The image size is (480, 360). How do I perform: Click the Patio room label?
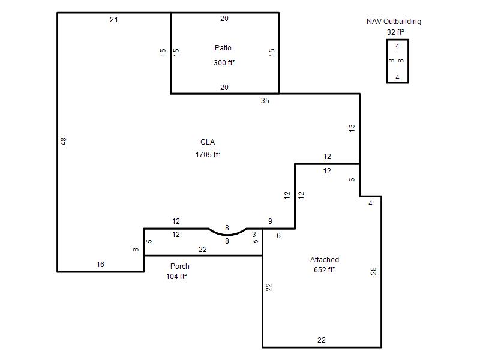[223, 48]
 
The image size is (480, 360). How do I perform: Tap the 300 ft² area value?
[224, 63]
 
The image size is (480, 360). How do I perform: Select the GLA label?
[208, 142]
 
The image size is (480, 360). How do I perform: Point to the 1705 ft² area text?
[208, 155]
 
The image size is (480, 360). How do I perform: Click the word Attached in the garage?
[325, 260]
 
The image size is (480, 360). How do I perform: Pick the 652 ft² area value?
[325, 269]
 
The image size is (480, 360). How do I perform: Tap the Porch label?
[180, 266]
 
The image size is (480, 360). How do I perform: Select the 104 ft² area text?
[176, 277]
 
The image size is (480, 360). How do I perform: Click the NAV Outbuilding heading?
[394, 22]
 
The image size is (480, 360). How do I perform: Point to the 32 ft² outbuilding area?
[395, 32]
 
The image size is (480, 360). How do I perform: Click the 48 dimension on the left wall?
[64, 141]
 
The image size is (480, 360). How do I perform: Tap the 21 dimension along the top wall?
[114, 20]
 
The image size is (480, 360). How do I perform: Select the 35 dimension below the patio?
[265, 100]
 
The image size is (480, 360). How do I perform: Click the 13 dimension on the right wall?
[352, 128]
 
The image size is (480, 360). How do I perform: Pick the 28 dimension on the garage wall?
[373, 271]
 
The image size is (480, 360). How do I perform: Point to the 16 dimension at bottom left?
[100, 264]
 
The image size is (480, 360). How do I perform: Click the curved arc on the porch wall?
[227, 235]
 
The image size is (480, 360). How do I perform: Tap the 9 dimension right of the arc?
[270, 221]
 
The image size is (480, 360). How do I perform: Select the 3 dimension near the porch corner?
[254, 235]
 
